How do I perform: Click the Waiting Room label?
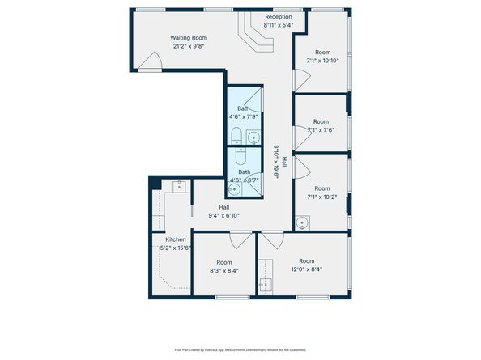[x=188, y=37]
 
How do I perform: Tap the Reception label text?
[x=279, y=17]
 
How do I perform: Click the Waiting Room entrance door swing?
[x=149, y=61]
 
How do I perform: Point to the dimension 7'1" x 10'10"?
[x=321, y=61]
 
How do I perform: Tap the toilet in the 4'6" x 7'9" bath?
[x=236, y=134]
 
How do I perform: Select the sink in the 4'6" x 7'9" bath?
[x=253, y=136]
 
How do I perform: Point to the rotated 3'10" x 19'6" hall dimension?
[x=276, y=162]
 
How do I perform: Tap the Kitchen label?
[x=176, y=239]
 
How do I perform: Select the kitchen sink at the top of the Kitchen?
[x=178, y=186]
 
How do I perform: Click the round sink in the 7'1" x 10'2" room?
[x=302, y=221]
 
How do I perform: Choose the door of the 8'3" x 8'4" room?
[x=240, y=239]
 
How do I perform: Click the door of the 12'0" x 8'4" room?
[x=270, y=239]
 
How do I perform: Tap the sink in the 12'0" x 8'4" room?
[x=265, y=284]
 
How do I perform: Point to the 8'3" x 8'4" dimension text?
[x=223, y=271]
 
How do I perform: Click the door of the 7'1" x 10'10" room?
[x=300, y=79]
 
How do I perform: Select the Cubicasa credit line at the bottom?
[x=240, y=350]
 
